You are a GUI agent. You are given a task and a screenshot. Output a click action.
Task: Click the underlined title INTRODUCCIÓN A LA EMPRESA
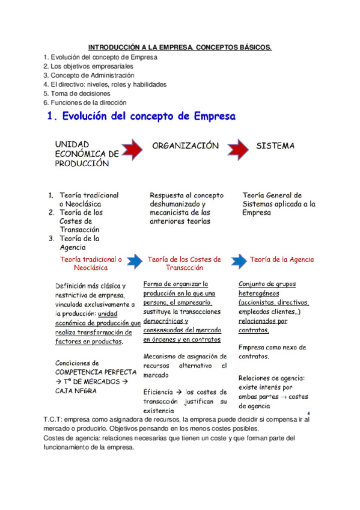click(x=180, y=47)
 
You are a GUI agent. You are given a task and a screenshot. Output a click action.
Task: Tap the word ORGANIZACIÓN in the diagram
click(x=185, y=146)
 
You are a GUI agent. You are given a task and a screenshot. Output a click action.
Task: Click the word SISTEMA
click(x=275, y=146)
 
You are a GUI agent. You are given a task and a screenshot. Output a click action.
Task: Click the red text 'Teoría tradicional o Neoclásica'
click(x=91, y=264)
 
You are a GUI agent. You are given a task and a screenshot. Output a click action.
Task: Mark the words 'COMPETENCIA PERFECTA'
click(x=88, y=372)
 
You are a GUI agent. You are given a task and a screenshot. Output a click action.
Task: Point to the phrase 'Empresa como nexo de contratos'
click(x=272, y=352)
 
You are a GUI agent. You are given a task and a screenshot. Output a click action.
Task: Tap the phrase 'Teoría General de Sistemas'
click(x=272, y=199)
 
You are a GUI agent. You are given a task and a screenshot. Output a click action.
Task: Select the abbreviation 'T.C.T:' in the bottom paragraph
click(x=53, y=419)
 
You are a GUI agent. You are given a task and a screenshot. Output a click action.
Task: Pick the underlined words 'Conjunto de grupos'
click(x=267, y=284)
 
